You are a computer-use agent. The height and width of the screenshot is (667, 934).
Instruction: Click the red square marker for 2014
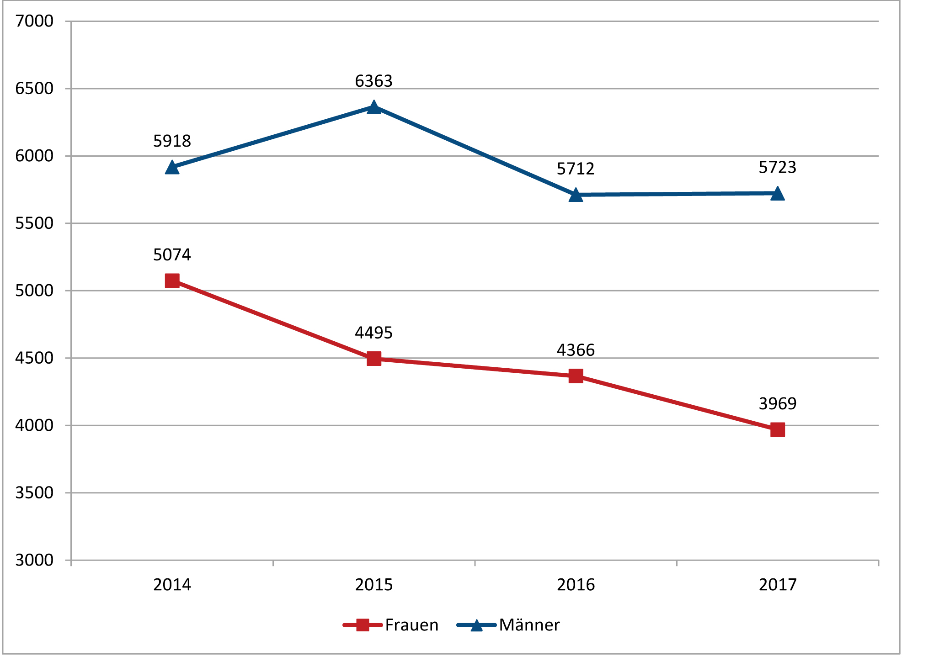click(x=172, y=281)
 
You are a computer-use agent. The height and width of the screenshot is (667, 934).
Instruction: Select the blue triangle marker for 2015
click(x=374, y=108)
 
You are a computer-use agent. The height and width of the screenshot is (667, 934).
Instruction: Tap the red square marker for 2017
click(x=777, y=429)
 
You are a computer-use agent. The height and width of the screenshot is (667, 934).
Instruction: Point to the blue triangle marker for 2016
click(x=576, y=195)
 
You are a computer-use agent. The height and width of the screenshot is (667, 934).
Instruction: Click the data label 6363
click(x=374, y=81)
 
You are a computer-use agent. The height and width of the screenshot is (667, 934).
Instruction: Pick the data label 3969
click(x=777, y=404)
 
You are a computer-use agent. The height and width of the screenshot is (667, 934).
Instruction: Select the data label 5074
click(x=172, y=255)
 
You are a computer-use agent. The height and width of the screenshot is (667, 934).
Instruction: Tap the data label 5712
click(x=576, y=169)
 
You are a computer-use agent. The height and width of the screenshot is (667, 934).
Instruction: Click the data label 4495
click(x=374, y=333)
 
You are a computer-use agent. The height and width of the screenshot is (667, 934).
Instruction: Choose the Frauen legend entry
click(x=391, y=625)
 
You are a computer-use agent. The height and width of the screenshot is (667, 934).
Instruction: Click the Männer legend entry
click(x=508, y=625)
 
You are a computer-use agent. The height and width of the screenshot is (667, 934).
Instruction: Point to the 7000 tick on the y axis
click(x=34, y=21)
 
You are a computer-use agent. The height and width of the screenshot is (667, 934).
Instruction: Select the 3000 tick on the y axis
click(x=34, y=560)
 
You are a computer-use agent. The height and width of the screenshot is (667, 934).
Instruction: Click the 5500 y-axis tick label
click(x=34, y=223)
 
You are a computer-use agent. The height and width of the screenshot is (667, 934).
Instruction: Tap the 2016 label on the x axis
click(x=576, y=585)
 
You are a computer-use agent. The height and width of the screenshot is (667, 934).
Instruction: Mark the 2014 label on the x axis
click(x=172, y=585)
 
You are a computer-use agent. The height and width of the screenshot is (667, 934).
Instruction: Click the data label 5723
click(x=777, y=168)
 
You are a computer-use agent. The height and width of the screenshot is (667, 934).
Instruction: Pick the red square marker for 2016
click(x=576, y=376)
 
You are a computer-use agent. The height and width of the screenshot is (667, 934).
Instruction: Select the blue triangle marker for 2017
click(x=777, y=194)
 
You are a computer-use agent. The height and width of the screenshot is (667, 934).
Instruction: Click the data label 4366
click(x=576, y=350)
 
